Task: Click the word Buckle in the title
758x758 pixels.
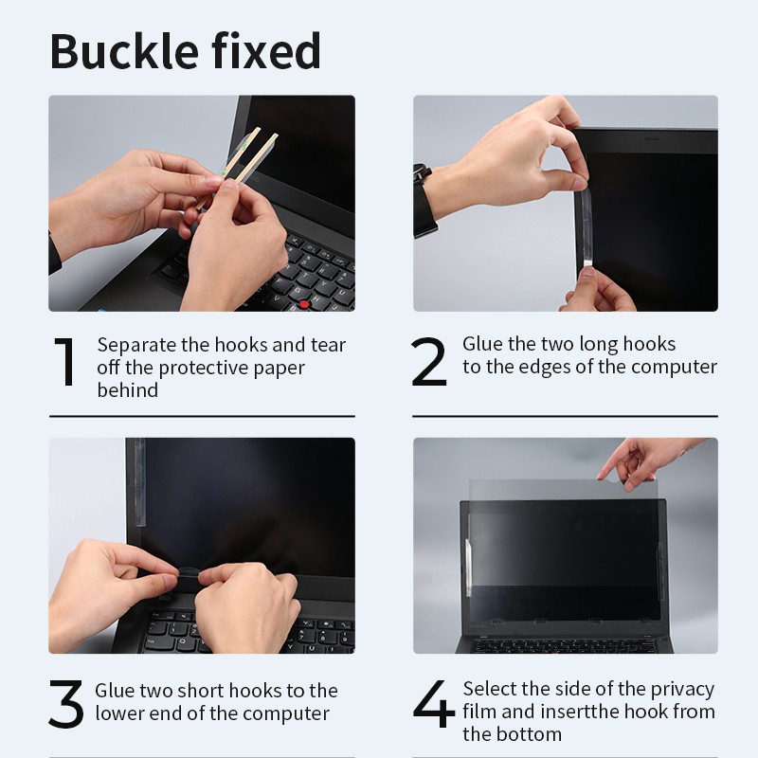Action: (124, 51)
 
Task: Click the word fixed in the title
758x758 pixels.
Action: (266, 51)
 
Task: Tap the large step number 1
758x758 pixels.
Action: (65, 362)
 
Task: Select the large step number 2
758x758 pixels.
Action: (429, 362)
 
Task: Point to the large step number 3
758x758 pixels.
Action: (66, 704)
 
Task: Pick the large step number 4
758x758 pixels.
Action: (434, 703)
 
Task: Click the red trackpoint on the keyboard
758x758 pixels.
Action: (303, 304)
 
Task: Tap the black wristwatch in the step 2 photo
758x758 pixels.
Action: (424, 201)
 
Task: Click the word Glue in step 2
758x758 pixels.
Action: (482, 344)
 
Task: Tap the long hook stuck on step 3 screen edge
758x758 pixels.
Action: (138, 482)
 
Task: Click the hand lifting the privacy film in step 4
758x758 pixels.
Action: (646, 462)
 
